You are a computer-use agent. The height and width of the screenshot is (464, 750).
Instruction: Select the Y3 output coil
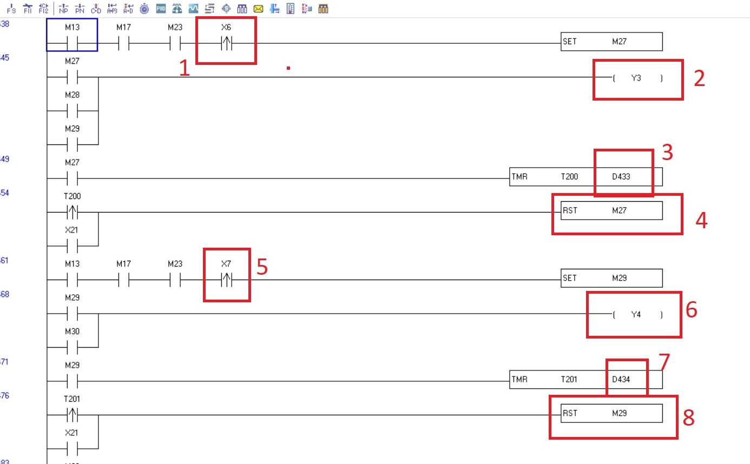637,78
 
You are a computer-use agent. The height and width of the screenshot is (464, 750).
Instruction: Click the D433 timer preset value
622,177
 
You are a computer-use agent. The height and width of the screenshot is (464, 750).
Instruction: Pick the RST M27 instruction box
611,210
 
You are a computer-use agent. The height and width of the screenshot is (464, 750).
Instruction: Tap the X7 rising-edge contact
226,281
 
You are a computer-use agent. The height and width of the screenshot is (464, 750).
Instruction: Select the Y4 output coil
637,314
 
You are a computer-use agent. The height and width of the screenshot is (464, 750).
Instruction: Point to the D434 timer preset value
622,379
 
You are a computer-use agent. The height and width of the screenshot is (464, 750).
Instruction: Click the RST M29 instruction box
611,413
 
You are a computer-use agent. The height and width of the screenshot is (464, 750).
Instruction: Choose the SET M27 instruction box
611,42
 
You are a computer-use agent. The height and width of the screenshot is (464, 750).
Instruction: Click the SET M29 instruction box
611,278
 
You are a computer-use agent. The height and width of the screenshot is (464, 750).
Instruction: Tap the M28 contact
72,111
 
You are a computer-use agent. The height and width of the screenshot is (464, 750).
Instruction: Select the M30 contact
72,348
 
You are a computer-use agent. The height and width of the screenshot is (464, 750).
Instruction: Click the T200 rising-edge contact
72,213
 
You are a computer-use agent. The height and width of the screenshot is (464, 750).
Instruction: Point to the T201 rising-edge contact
72,415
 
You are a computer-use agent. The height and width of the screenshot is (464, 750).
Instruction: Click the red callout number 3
667,153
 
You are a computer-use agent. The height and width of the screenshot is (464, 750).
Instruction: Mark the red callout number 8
688,417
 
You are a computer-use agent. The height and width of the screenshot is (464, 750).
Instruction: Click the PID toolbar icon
161,9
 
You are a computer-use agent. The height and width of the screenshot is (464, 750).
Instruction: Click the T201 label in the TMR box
569,379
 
